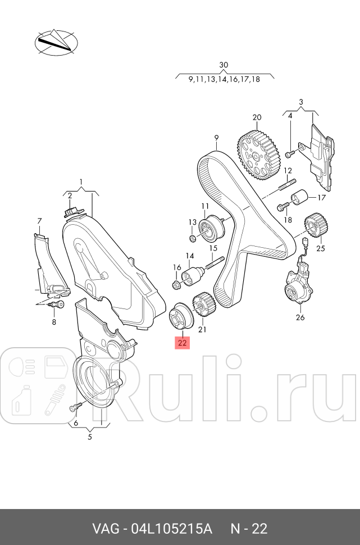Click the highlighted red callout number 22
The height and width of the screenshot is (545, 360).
[x=183, y=342]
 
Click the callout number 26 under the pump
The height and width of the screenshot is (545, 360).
[x=300, y=317]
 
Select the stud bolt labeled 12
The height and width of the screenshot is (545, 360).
[x=287, y=185]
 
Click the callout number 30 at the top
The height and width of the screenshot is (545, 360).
[x=224, y=65]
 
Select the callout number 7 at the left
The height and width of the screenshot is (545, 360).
[x=40, y=220]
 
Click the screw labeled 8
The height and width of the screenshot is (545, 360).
[x=57, y=305]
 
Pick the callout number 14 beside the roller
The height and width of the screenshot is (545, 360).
[x=190, y=256]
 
